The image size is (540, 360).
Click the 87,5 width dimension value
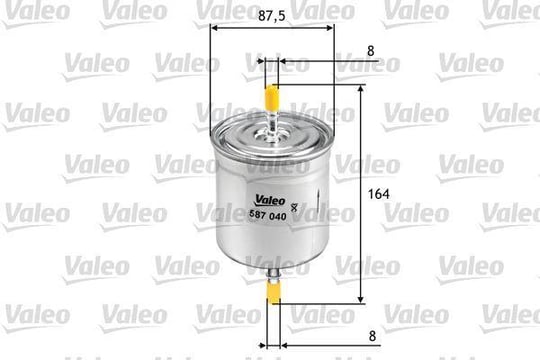(x=272, y=15)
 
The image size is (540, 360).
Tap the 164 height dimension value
(x=378, y=194)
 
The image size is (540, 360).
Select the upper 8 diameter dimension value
(x=371, y=51)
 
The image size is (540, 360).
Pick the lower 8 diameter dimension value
(x=372, y=336)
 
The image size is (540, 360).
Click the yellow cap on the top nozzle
(x=271, y=96)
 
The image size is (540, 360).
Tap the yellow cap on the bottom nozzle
(x=274, y=292)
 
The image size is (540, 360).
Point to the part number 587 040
(x=268, y=215)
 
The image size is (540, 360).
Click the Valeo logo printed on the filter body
(x=270, y=200)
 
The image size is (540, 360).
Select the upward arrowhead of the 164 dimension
(x=361, y=90)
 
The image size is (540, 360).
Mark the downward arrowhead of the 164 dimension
(x=361, y=299)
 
